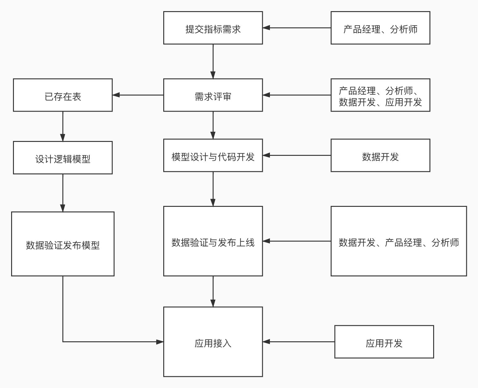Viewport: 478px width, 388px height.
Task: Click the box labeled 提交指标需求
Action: click(213, 28)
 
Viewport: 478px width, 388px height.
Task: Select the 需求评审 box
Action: click(213, 95)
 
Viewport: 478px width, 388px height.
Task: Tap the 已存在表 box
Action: click(63, 95)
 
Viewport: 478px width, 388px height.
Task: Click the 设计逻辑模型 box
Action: click(63, 158)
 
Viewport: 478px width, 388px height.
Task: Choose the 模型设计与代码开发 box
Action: click(213, 156)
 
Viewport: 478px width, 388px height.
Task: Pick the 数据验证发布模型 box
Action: click(63, 244)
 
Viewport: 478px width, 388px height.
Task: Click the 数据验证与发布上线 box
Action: click(213, 241)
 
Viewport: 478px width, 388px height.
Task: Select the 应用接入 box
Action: click(213, 342)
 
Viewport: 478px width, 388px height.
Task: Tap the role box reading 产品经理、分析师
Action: click(380, 28)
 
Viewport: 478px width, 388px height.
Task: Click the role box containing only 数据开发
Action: click(380, 156)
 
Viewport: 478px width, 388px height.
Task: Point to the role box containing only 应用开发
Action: click(384, 342)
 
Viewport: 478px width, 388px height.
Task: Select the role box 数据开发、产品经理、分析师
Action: click(399, 241)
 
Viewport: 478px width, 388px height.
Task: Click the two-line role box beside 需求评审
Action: click(380, 95)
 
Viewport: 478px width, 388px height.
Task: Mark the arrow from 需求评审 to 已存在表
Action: click(138, 95)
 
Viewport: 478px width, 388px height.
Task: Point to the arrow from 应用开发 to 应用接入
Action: click(299, 342)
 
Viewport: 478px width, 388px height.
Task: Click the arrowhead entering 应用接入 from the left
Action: click(160, 342)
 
